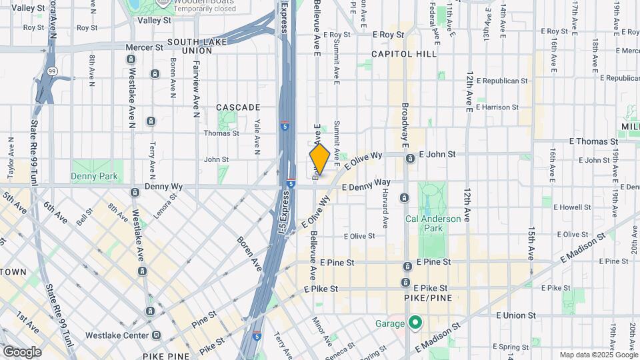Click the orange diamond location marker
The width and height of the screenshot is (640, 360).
319,160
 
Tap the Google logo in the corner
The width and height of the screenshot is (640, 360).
22,351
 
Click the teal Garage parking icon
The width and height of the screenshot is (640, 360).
415,323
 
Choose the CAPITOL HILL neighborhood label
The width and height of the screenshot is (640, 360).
404,53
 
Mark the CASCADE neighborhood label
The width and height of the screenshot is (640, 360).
238,107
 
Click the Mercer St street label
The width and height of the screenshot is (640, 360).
144,48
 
